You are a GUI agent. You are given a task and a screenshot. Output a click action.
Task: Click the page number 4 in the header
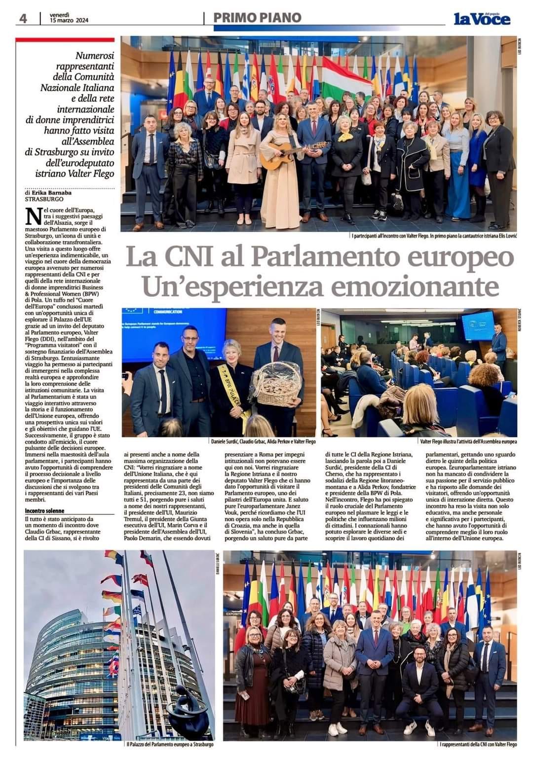click(x=23, y=18)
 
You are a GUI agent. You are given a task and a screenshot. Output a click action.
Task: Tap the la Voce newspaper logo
click(x=482, y=19)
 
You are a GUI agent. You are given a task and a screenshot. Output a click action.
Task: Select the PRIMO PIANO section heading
click(x=257, y=18)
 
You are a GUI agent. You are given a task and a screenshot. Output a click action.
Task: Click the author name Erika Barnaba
click(x=49, y=193)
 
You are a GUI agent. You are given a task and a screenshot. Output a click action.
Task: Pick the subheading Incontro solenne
click(x=45, y=511)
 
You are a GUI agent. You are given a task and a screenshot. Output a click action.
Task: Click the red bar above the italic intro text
click(x=65, y=39)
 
